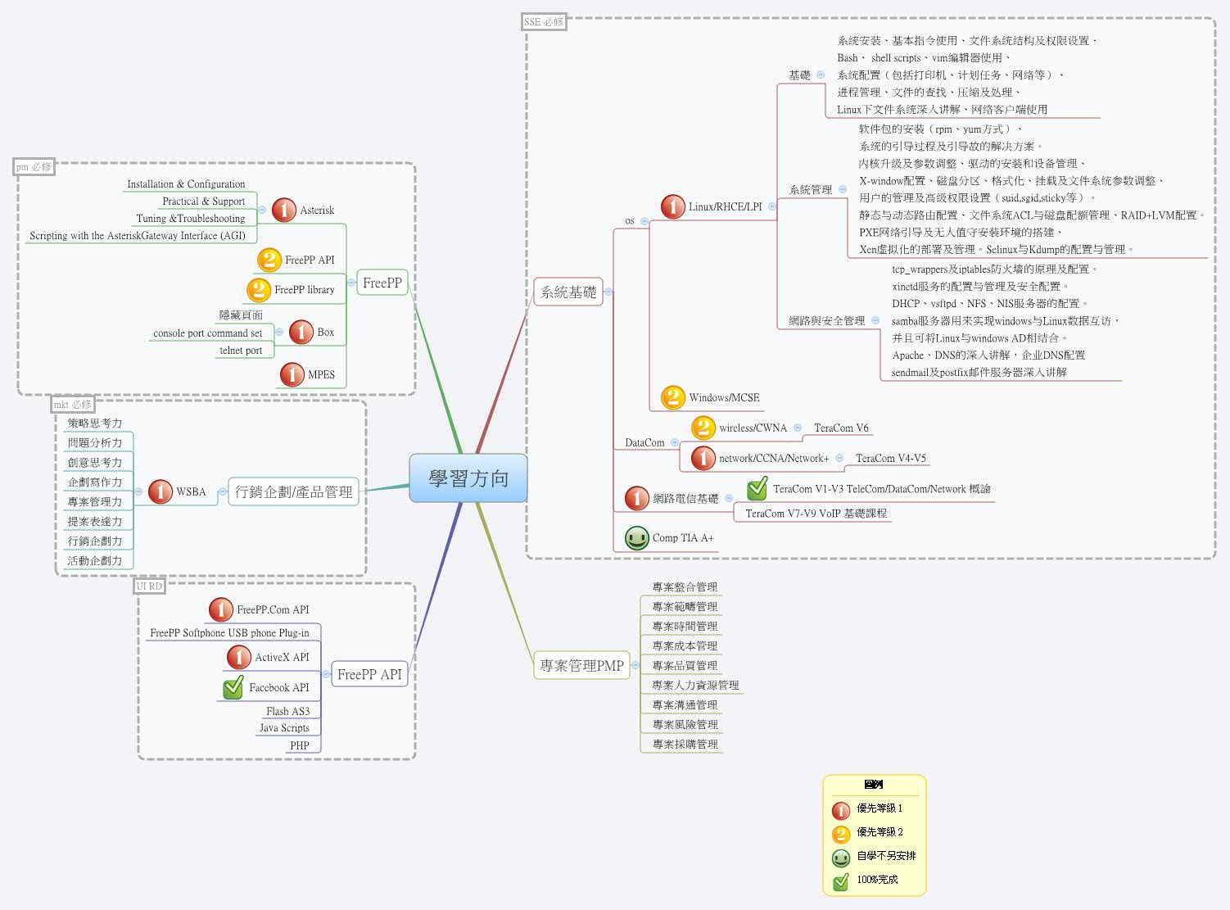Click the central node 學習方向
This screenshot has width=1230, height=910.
(468, 478)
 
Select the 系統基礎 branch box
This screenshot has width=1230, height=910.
(568, 292)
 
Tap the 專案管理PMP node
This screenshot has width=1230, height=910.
(581, 666)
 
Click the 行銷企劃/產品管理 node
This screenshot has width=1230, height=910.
(293, 491)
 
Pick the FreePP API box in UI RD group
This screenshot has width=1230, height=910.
(369, 674)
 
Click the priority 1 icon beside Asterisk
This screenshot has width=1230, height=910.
(283, 211)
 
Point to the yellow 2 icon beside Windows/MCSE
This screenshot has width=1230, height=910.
(672, 397)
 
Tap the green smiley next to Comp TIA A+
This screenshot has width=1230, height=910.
(636, 538)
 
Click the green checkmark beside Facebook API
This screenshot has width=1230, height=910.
(233, 687)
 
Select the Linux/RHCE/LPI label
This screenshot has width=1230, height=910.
(725, 206)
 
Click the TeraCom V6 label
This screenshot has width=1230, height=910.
(841, 428)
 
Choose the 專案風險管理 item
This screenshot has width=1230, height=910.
(685, 724)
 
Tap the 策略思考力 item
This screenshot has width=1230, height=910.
(95, 423)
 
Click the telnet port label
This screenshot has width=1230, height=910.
(241, 351)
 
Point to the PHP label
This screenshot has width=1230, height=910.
(300, 745)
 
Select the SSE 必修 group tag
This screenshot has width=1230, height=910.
(544, 22)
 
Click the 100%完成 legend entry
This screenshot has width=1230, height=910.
(877, 880)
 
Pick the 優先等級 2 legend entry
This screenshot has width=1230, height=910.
(880, 832)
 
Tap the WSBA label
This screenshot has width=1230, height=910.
(191, 491)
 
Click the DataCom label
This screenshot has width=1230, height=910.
(644, 442)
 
